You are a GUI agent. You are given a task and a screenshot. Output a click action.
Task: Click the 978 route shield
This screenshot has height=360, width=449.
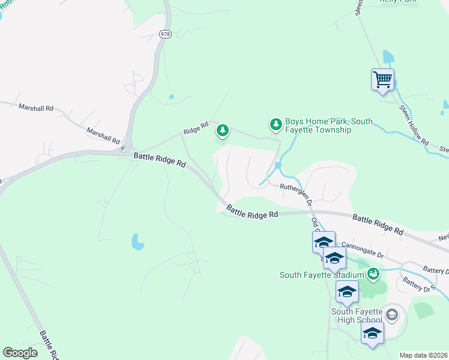click(x=165, y=34)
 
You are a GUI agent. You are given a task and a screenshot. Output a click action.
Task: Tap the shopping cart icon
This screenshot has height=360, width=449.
click(x=382, y=79)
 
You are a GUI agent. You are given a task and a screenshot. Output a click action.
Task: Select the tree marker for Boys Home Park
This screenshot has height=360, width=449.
click(x=276, y=124)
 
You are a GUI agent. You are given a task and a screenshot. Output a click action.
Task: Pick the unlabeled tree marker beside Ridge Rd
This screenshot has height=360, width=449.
click(x=223, y=130)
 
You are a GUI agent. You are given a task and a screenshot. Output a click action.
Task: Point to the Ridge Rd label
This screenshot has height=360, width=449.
click(x=196, y=128)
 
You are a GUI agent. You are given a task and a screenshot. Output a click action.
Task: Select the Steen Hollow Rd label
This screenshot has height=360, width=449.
click(x=414, y=125)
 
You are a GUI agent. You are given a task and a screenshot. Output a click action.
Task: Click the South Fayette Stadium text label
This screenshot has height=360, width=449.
click(x=322, y=275)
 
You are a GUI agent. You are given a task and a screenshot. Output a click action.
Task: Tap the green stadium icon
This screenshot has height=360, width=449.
click(x=374, y=274)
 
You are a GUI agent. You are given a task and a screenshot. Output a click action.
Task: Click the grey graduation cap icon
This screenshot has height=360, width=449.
click(x=391, y=314)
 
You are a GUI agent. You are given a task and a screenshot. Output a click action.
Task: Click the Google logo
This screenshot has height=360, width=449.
click(x=20, y=353)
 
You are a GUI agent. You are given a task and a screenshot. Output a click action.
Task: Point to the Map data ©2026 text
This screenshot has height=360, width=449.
click(x=423, y=355)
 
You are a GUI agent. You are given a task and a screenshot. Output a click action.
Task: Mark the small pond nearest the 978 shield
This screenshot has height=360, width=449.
click(x=172, y=96)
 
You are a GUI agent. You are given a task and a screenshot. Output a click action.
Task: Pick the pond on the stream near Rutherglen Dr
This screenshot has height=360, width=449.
click(x=277, y=165)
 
